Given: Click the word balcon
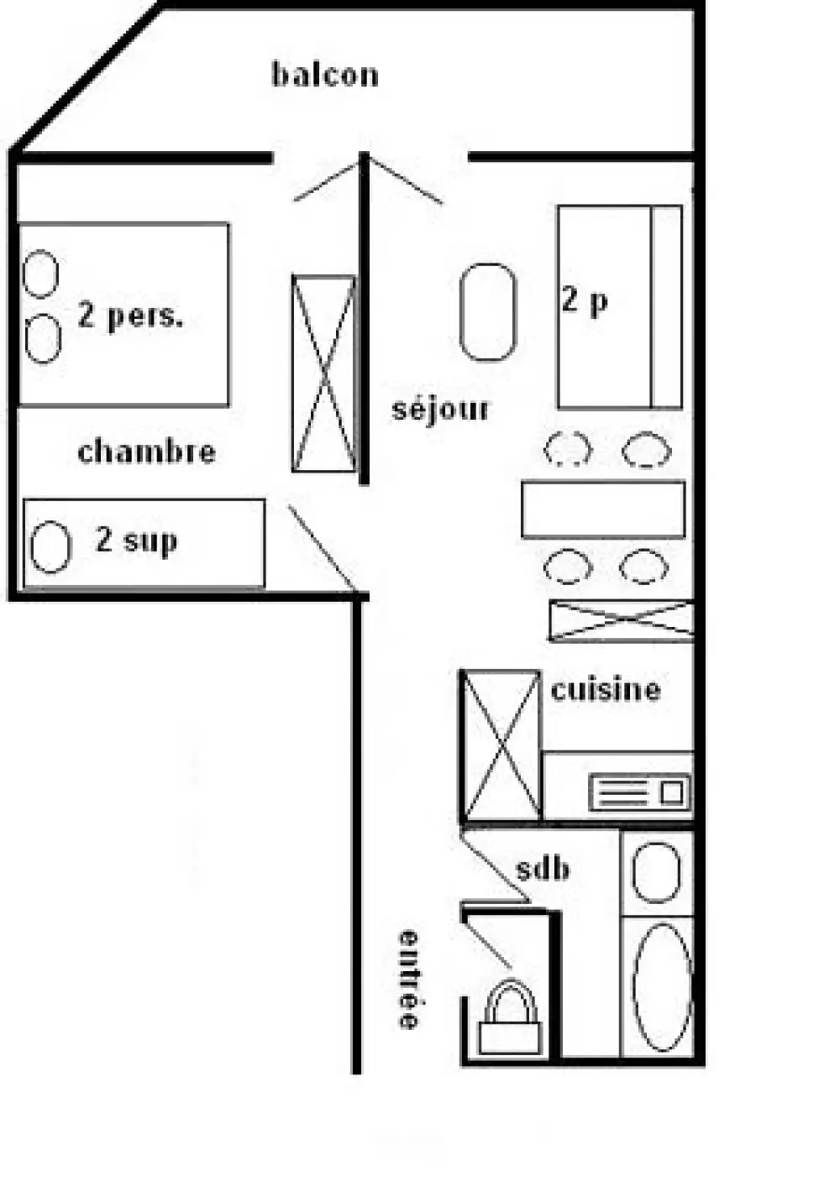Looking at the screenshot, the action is click(x=325, y=75).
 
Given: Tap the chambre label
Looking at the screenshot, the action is click(x=147, y=452).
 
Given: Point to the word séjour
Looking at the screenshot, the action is click(x=440, y=410).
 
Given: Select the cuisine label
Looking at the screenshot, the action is click(x=605, y=689).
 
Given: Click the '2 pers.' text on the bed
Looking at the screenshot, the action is click(x=130, y=316).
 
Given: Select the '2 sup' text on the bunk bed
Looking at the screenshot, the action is click(x=136, y=541).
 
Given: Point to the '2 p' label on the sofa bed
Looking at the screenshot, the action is click(x=585, y=301).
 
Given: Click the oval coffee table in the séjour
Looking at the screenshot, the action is click(x=488, y=312).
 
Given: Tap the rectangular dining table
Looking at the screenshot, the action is click(x=603, y=510).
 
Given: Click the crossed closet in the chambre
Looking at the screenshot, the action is click(x=324, y=374).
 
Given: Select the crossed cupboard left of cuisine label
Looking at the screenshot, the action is click(x=501, y=745).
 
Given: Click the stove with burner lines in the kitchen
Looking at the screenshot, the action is click(x=639, y=792).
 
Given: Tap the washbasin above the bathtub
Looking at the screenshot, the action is click(x=656, y=873).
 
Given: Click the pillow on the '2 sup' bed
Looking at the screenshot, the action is click(x=50, y=546).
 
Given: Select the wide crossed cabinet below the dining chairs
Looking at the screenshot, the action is click(x=621, y=620).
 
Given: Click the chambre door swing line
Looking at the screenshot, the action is click(x=322, y=548).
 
